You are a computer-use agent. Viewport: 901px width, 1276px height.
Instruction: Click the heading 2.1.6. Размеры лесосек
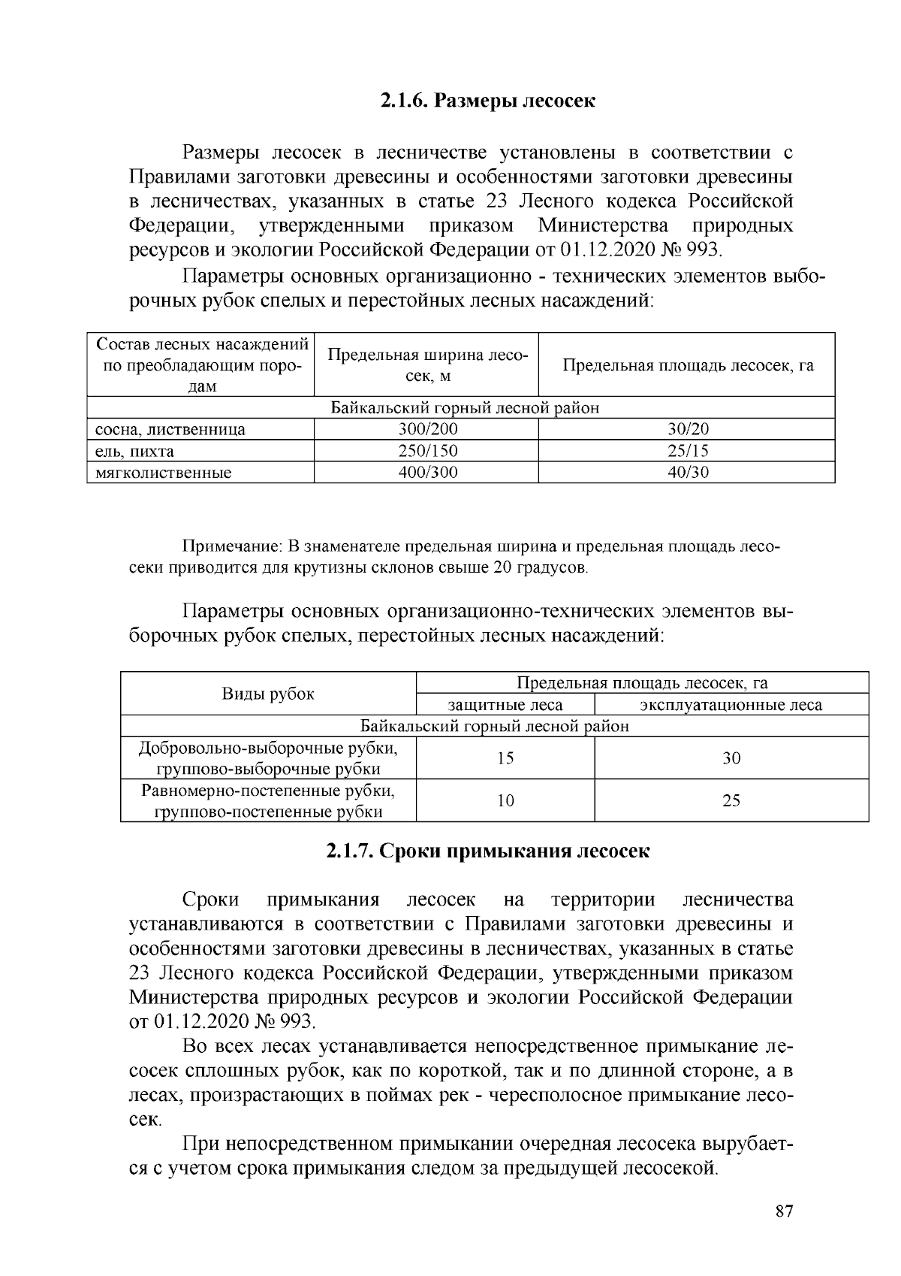[x=487, y=101]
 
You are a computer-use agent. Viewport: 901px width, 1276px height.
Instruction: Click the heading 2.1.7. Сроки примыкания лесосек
[x=487, y=851]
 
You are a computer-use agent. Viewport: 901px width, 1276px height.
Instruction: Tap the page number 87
[x=784, y=1211]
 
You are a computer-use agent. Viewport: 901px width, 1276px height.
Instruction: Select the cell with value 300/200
[x=427, y=429]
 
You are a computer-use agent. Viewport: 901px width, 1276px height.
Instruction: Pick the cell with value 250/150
[x=427, y=451]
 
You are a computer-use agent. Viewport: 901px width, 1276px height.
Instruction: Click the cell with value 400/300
[x=427, y=473]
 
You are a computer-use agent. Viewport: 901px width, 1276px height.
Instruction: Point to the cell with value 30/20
[x=688, y=429]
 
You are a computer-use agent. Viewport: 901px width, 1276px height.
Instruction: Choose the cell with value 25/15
[x=688, y=451]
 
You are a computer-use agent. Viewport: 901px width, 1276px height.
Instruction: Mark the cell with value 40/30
[x=688, y=473]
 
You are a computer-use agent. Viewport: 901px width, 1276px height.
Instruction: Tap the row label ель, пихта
[x=134, y=452]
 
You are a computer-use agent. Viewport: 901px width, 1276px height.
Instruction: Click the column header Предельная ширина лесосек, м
[x=427, y=365]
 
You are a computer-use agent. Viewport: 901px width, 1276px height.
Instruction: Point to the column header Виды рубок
[x=268, y=694]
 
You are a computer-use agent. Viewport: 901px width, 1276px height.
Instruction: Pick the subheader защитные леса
[x=505, y=705]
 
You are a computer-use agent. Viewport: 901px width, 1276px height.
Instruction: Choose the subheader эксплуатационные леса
[x=731, y=705]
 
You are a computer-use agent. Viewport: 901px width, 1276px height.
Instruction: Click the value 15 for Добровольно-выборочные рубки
[x=505, y=758]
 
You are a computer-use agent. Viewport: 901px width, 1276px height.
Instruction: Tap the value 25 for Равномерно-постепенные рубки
[x=731, y=801]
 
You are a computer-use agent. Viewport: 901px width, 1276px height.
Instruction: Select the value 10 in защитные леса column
[x=505, y=801]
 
